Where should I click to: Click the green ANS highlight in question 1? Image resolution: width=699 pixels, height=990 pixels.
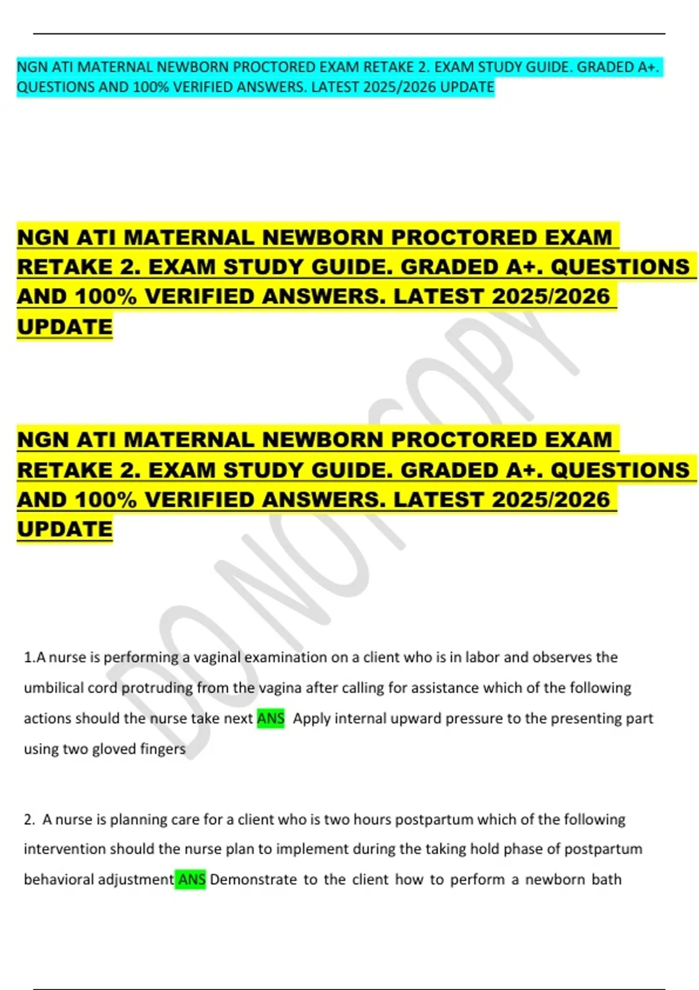pos(270,718)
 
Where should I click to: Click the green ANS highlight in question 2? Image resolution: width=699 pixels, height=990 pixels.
pos(191,879)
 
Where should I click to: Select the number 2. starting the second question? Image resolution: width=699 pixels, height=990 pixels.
pos(29,819)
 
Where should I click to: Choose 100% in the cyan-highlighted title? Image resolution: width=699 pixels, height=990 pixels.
pos(151,87)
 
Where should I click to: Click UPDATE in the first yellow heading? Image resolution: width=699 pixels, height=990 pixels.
pos(65,327)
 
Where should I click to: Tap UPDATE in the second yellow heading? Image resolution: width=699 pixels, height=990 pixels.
pos(65,529)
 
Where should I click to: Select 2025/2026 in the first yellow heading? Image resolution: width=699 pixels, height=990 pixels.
pos(550,296)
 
